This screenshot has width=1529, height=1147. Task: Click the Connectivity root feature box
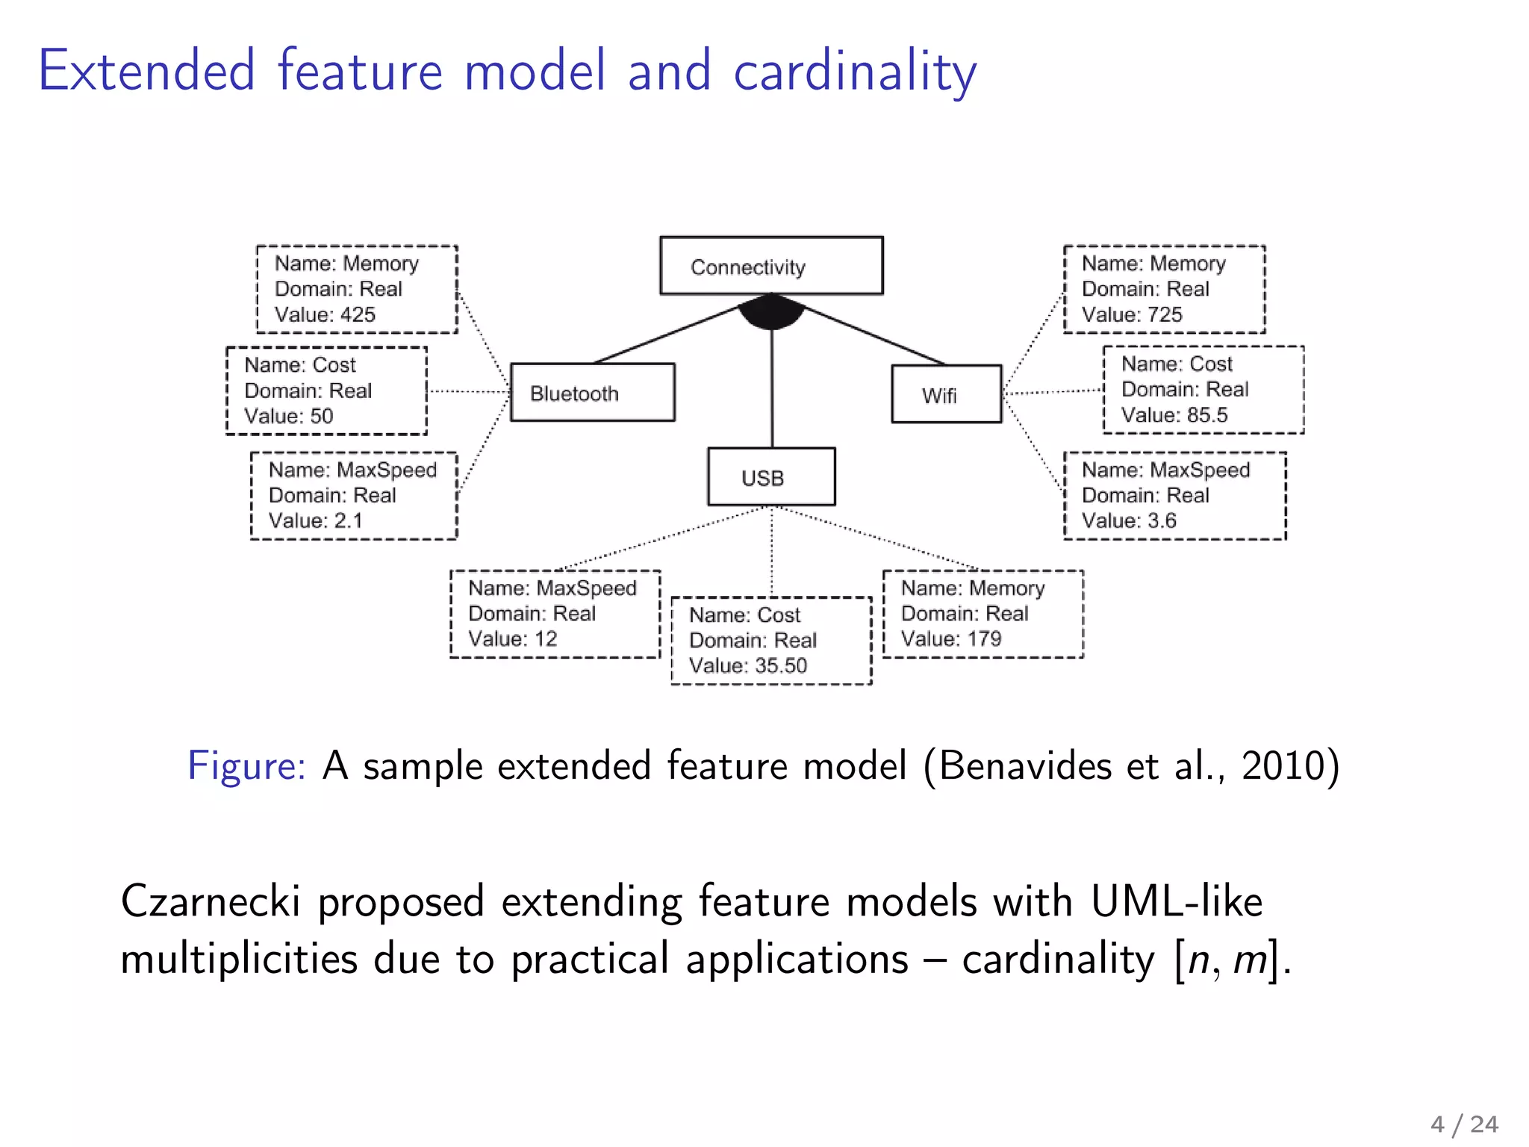coord(771,266)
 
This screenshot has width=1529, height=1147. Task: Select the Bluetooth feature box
coord(592,393)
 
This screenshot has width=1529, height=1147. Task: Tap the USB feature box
coord(771,477)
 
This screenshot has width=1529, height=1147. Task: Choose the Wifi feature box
coord(946,394)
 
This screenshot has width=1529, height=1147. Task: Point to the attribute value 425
coord(357,314)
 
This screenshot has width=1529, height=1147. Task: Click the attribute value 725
coord(1164,314)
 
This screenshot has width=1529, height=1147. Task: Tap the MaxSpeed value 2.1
coord(348,520)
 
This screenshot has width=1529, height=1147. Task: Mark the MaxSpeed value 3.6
coord(1161,520)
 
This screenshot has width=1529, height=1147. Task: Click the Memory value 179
coord(983,638)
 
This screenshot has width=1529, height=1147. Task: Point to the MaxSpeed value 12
coord(545,638)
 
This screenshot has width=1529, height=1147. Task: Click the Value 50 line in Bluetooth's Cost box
coord(289,416)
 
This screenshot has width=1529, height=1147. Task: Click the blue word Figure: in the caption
coord(246,766)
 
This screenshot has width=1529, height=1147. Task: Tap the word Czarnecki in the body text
coord(211,901)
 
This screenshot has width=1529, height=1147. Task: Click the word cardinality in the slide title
coord(855,71)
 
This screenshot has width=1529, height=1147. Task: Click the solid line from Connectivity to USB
coord(771,388)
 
